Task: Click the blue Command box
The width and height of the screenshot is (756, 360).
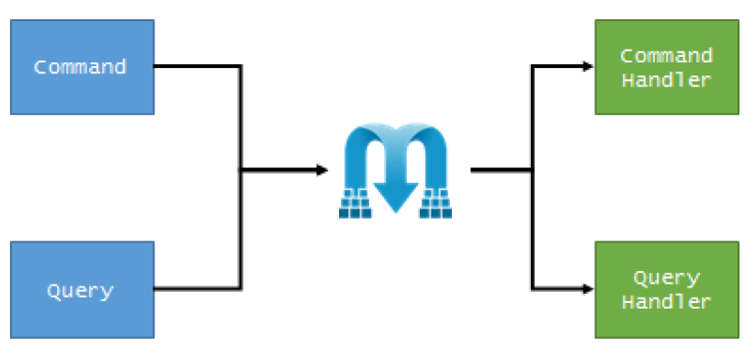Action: tap(82, 67)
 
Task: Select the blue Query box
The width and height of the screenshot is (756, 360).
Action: tap(82, 290)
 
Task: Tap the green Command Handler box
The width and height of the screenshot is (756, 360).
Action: tap(666, 67)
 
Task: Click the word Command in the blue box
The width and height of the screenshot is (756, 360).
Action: tap(80, 67)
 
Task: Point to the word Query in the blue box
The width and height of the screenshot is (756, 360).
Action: tap(80, 291)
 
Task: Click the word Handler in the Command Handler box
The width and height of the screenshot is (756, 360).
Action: tap(666, 80)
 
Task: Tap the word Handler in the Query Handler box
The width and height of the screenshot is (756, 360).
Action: tap(666, 301)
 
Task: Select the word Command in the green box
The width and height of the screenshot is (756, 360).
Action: tap(666, 55)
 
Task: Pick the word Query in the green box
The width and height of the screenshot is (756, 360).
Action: tap(666, 277)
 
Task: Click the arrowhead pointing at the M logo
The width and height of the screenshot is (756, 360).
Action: tap(322, 170)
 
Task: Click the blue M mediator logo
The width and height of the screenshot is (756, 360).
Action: tap(397, 170)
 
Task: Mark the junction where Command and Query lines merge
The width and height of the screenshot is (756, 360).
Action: tap(241, 170)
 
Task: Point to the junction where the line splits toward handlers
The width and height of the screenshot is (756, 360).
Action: tap(532, 170)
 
